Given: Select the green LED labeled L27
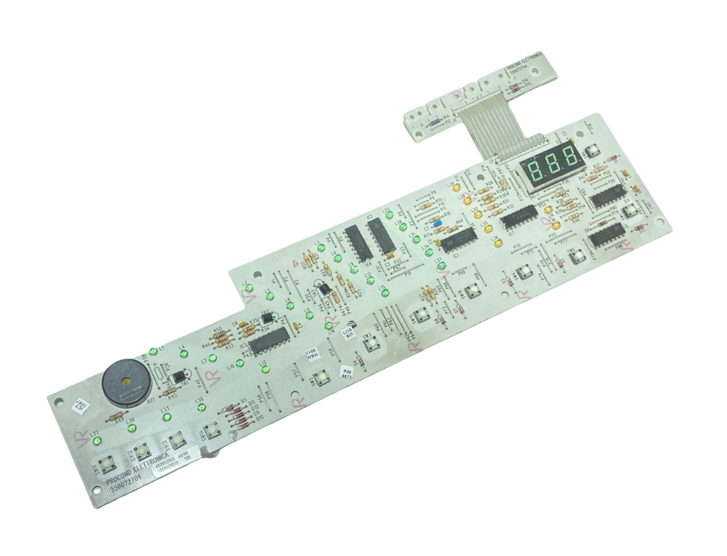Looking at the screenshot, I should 97,441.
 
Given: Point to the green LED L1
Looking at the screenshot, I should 152,352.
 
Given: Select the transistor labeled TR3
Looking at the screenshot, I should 322,290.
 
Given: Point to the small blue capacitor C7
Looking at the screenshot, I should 436,224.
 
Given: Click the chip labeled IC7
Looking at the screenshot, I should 519,218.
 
